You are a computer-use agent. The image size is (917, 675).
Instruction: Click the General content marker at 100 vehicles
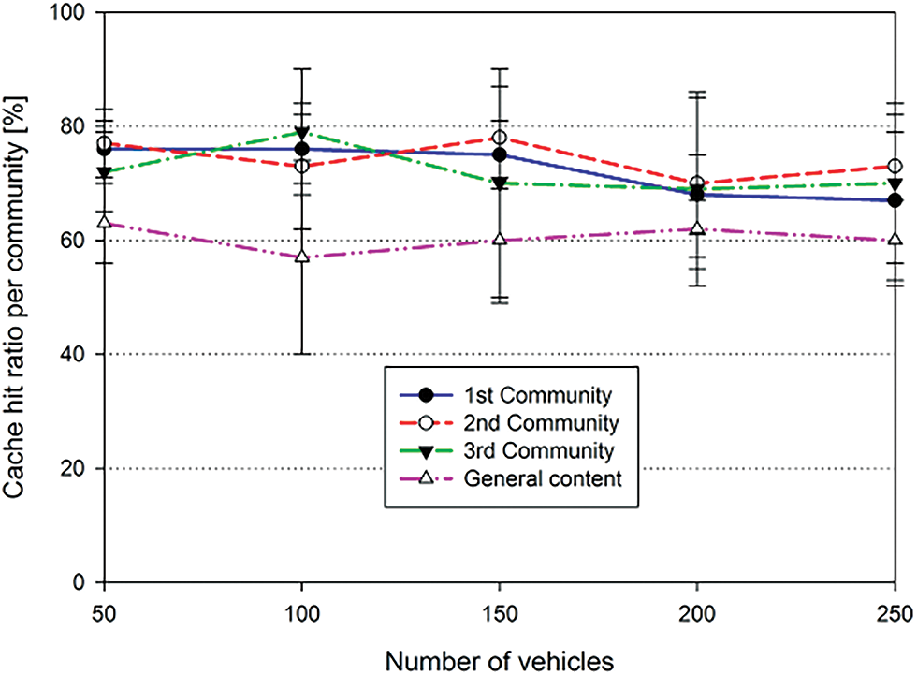click(x=302, y=257)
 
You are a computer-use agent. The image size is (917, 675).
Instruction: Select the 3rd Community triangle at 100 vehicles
click(x=302, y=132)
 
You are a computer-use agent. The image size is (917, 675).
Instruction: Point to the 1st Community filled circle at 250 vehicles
click(x=895, y=200)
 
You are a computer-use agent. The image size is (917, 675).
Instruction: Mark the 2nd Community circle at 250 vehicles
click(x=895, y=166)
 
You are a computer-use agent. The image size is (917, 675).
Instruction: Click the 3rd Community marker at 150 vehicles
click(x=500, y=183)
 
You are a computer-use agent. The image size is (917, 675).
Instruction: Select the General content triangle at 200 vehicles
click(x=697, y=227)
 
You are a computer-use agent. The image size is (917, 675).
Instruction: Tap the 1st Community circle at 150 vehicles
click(x=500, y=154)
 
